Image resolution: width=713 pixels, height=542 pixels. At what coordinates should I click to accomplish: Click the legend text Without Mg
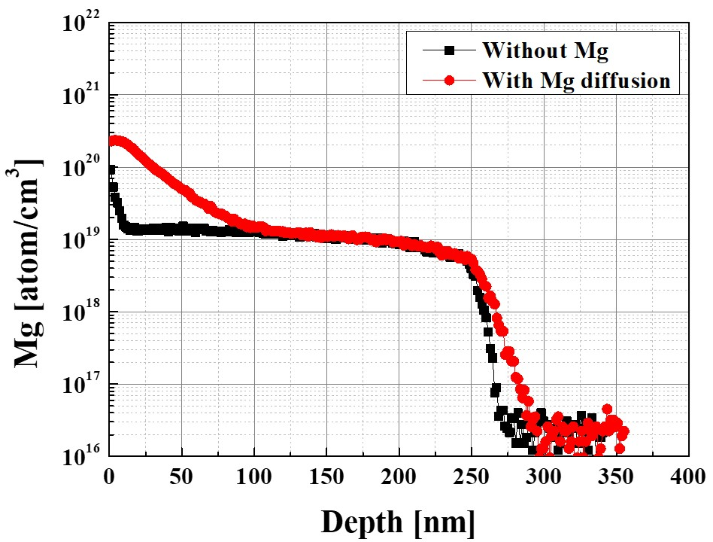(545, 51)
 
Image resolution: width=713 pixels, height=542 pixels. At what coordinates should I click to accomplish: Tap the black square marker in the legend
(449, 50)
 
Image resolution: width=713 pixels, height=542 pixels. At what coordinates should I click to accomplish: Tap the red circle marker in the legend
(449, 79)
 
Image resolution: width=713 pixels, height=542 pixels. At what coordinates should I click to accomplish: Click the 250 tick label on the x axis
(472, 477)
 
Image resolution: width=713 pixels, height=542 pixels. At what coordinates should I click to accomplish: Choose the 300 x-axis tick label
(544, 477)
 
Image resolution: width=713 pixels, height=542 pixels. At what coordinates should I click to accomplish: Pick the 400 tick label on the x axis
(687, 477)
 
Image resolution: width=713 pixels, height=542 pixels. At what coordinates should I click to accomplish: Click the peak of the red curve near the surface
(114, 140)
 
